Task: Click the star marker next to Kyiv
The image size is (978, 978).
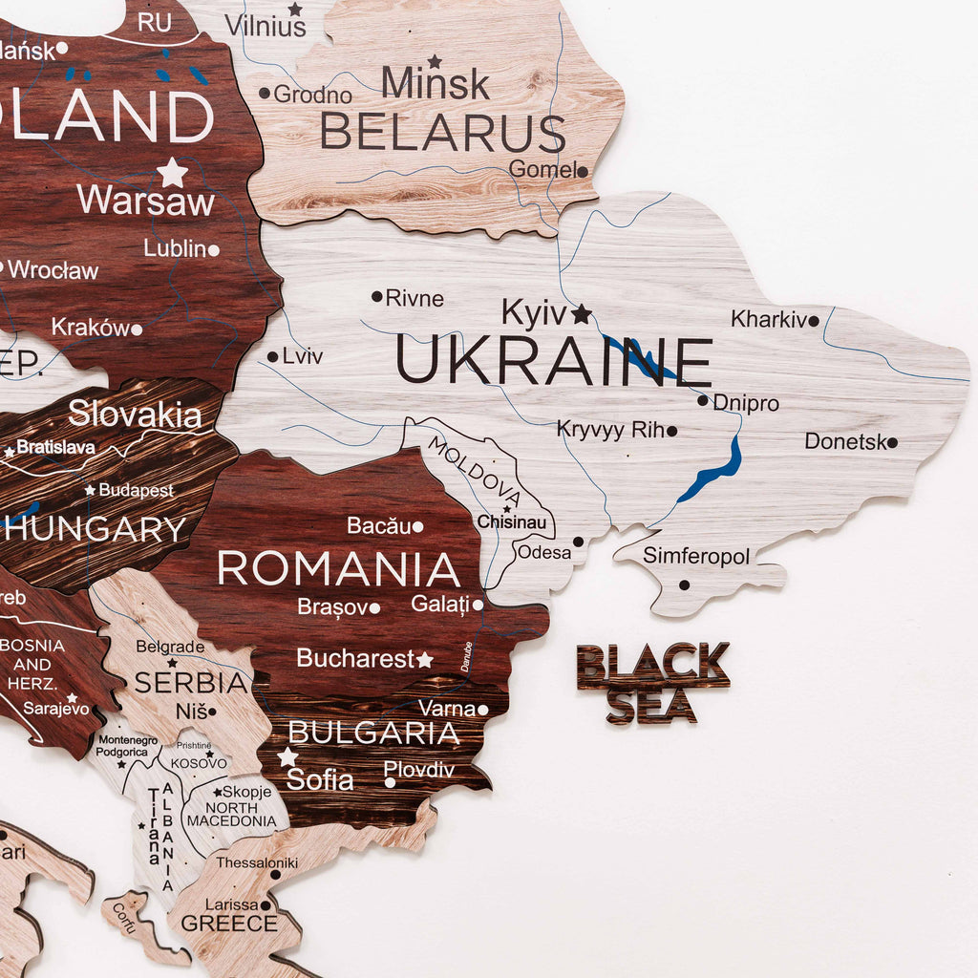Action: pyautogui.click(x=582, y=313)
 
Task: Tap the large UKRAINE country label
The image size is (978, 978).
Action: pyautogui.click(x=554, y=362)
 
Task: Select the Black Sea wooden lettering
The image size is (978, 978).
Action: pyautogui.click(x=652, y=682)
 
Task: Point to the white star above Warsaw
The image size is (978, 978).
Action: pyautogui.click(x=173, y=173)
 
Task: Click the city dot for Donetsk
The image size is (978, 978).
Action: pyautogui.click(x=892, y=442)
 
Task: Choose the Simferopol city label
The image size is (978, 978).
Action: pyautogui.click(x=696, y=556)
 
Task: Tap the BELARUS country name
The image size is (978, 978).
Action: pyautogui.click(x=442, y=133)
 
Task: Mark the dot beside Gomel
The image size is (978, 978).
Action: pyautogui.click(x=582, y=172)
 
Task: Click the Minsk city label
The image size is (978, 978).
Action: pyautogui.click(x=436, y=84)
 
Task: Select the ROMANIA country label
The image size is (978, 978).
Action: pyautogui.click(x=339, y=568)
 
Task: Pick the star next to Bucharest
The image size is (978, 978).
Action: pyautogui.click(x=424, y=659)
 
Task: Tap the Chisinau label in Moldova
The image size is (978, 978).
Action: pyautogui.click(x=512, y=522)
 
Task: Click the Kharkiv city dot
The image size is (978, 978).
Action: pyautogui.click(x=814, y=321)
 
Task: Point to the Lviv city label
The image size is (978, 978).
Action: pyautogui.click(x=303, y=357)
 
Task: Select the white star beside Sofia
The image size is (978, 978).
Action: pyautogui.click(x=287, y=757)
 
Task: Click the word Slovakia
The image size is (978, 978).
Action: pyautogui.click(x=135, y=415)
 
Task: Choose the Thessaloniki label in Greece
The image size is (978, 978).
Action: pyautogui.click(x=257, y=862)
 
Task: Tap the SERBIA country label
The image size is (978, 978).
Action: pyautogui.click(x=191, y=683)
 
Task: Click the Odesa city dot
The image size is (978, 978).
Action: pyautogui.click(x=578, y=542)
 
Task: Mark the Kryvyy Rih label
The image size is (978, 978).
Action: pyautogui.click(x=610, y=430)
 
